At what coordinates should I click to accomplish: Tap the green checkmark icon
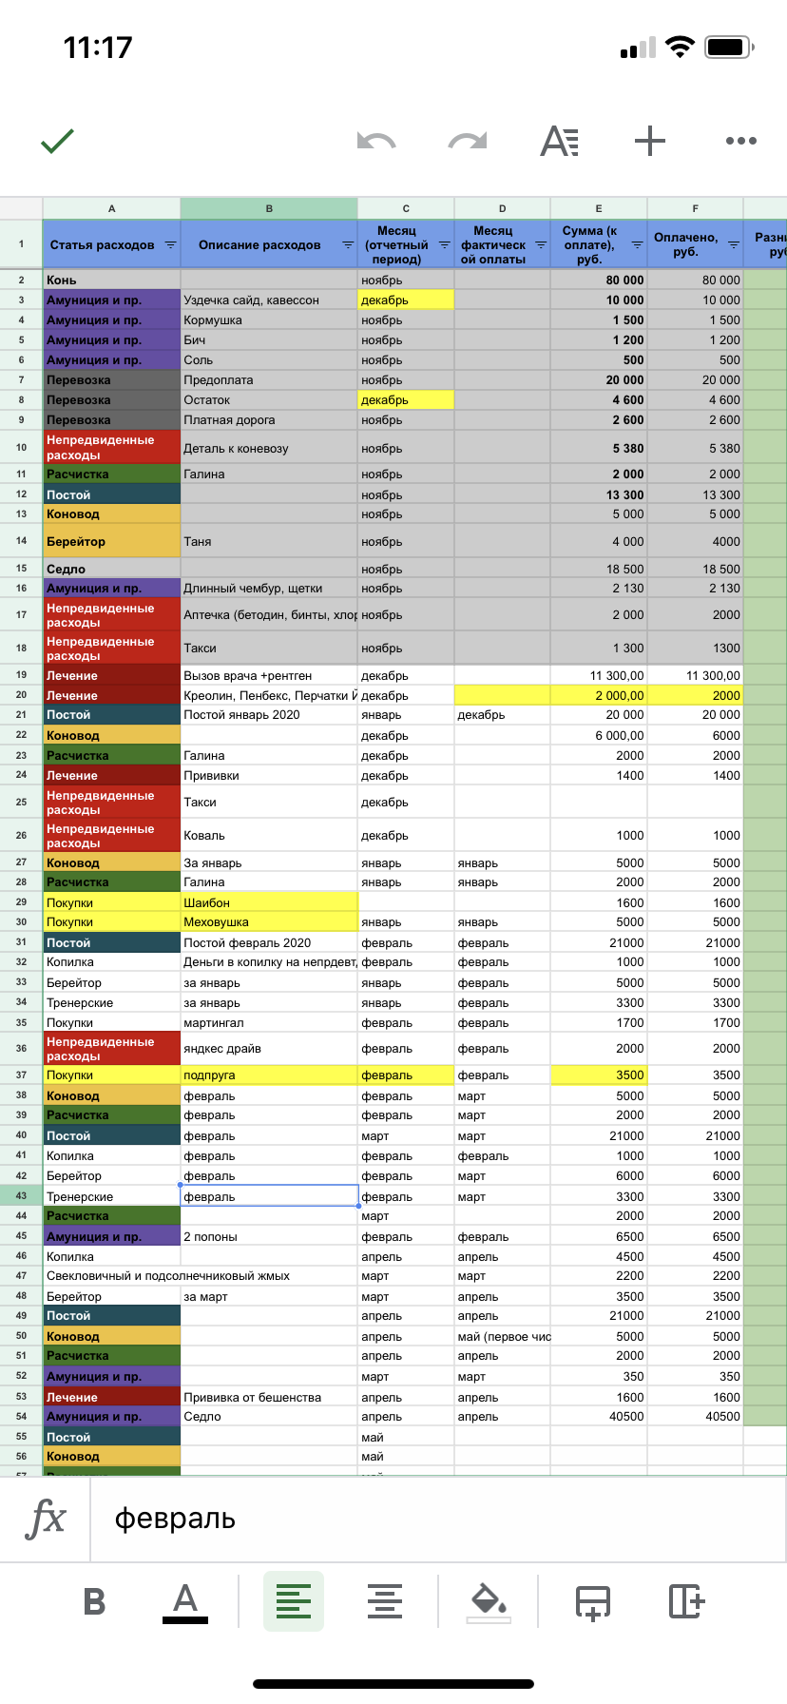click(x=57, y=142)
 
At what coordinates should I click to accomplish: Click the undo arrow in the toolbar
click(x=376, y=142)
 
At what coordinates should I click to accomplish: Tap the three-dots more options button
click(x=740, y=141)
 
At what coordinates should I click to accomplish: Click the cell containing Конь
click(x=111, y=281)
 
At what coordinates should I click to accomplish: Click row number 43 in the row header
click(x=21, y=1196)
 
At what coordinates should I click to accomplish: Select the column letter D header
click(x=502, y=208)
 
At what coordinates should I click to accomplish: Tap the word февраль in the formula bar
click(x=175, y=1520)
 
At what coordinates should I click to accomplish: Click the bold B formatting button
click(x=94, y=1601)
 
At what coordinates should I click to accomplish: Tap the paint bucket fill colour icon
click(x=489, y=1601)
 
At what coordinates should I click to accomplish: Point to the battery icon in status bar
click(x=730, y=47)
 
